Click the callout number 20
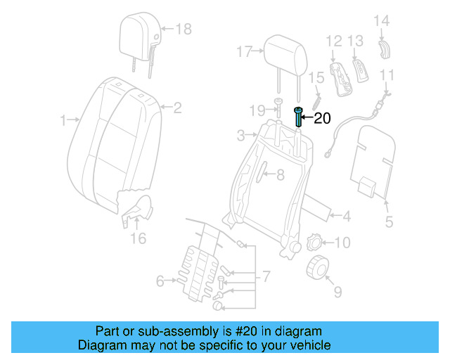tap(321, 118)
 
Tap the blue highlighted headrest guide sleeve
tap(299, 116)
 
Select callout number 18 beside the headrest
tap(183, 29)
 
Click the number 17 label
tap(244, 51)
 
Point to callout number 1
tap(63, 120)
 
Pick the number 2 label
tap(177, 108)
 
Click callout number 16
tap(138, 238)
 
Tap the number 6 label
tap(160, 282)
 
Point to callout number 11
tap(387, 75)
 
